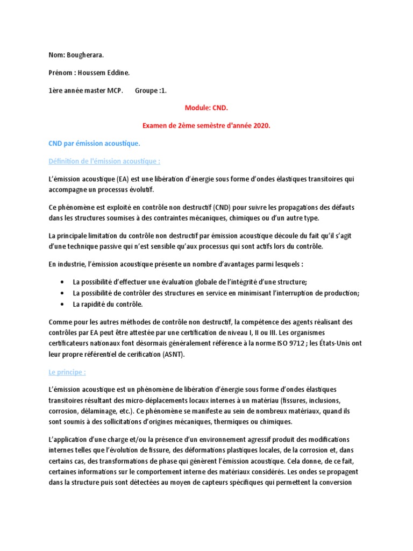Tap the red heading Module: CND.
point(206,108)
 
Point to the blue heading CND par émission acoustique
point(94,144)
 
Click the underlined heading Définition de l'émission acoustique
point(104,161)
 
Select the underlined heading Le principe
point(67,372)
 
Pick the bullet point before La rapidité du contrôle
point(63,305)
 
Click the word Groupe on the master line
point(145,91)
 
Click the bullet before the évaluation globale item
point(63,282)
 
